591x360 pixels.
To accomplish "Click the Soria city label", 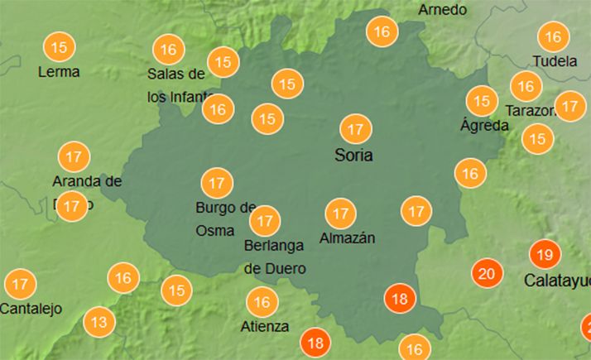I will [353, 155].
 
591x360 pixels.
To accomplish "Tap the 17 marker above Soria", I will [356, 130].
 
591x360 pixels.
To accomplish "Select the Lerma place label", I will [59, 72].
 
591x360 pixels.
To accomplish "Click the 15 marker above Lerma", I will [59, 47].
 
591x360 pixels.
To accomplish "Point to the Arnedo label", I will [443, 10].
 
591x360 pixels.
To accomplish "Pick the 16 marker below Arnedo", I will [382, 33].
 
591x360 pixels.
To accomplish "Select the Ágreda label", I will [482, 126].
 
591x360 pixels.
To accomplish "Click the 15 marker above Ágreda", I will [482, 101].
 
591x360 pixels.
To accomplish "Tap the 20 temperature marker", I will [487, 273].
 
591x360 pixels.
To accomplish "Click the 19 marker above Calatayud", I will [544, 254].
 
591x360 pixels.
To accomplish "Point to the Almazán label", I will [347, 238].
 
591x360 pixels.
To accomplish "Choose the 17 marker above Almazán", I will [339, 214].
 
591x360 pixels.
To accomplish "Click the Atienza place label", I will [265, 326].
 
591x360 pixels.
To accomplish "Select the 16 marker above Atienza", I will [262, 302].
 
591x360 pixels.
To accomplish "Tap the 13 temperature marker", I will [99, 322].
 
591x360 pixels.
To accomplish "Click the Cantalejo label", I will [31, 310].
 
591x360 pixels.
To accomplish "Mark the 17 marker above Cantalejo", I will [21, 285].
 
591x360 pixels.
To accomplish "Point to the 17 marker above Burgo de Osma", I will [217, 182].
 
